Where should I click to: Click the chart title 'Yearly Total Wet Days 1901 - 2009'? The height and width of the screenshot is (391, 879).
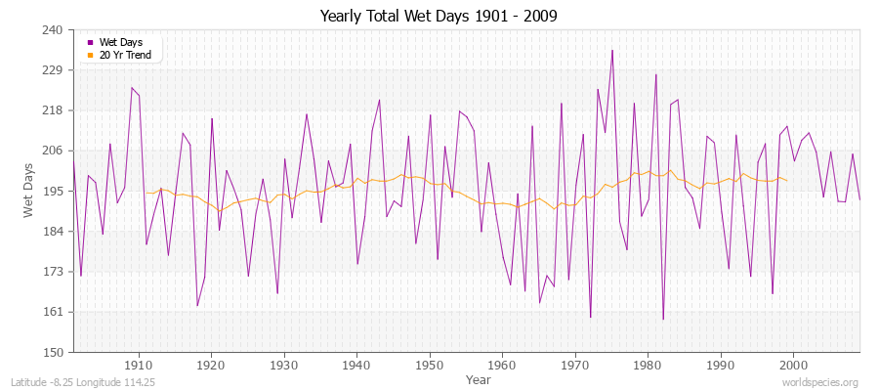click(439, 17)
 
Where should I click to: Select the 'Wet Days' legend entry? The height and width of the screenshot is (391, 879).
click(120, 43)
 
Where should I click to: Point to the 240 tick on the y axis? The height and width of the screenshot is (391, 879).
click(52, 30)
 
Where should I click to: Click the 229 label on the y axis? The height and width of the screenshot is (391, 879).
click(52, 70)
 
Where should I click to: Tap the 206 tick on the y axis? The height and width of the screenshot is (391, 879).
click(52, 151)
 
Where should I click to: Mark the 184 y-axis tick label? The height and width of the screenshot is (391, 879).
click(52, 232)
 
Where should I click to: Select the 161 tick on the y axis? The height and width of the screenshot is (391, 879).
click(52, 312)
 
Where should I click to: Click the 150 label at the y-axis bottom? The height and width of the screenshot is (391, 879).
click(52, 352)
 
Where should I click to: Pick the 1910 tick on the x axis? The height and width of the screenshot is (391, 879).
click(139, 364)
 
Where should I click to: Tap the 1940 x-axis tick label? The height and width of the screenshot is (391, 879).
click(356, 364)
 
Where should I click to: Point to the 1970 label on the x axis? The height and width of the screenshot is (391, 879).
click(575, 364)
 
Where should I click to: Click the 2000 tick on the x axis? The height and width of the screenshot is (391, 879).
click(793, 364)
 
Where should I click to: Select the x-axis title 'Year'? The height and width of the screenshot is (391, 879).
click(479, 378)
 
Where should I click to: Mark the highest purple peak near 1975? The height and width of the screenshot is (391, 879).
click(612, 50)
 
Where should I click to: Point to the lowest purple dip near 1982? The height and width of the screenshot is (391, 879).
click(663, 320)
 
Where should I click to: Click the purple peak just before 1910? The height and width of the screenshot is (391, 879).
click(132, 87)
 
